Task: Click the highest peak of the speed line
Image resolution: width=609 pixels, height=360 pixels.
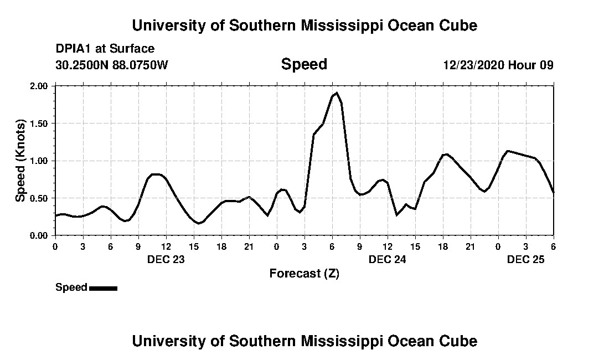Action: coord(337,93)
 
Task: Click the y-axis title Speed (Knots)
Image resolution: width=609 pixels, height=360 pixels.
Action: coord(20,160)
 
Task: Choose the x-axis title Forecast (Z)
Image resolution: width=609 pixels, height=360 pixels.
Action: coord(304,273)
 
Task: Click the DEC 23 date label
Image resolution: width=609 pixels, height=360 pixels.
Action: coord(166,259)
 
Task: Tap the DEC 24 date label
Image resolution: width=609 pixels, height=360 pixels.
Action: coord(387,259)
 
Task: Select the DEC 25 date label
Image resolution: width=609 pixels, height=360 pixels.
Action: coord(525,259)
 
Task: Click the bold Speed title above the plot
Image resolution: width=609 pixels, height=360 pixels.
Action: coord(304,64)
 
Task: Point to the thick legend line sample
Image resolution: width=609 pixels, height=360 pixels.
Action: coord(103,288)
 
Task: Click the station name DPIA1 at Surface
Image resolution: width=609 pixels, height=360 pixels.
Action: coord(105,49)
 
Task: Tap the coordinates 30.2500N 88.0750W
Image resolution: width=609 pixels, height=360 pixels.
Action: coord(111,65)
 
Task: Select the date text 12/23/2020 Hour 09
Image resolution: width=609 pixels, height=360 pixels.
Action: coord(498,65)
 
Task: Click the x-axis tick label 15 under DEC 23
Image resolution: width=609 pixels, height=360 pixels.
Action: coord(193,246)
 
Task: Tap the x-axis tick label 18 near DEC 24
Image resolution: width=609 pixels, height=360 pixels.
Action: coord(442,246)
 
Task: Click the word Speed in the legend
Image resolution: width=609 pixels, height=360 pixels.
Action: coord(71,287)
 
